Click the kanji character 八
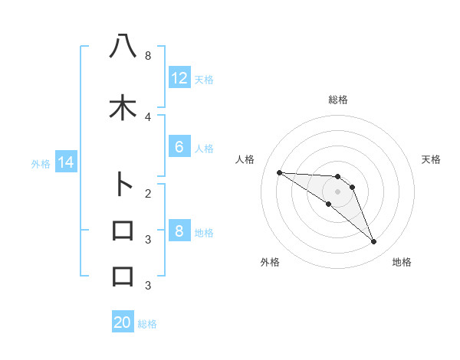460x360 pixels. [123, 46]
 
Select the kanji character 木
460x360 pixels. [123, 107]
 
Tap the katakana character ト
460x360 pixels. [123, 184]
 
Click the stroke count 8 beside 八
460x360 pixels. [147, 56]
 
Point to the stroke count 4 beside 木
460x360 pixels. [147, 116]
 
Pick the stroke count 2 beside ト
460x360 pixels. [147, 193]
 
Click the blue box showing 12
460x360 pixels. [179, 78]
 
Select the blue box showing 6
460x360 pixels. [179, 147]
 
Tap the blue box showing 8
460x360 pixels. [179, 231]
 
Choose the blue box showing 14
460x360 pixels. [65, 162]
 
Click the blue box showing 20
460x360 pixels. [123, 322]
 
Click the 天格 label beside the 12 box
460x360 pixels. [203, 79]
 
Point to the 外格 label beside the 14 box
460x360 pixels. [40, 163]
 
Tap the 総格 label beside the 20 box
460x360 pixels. [147, 323]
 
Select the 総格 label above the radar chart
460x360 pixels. [337, 100]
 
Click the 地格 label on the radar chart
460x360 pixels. [402, 262]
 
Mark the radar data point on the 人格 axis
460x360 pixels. [279, 172]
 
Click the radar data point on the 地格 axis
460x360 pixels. [373, 242]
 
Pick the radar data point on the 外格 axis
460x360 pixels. [328, 204]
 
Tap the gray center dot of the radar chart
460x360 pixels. [337, 191]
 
